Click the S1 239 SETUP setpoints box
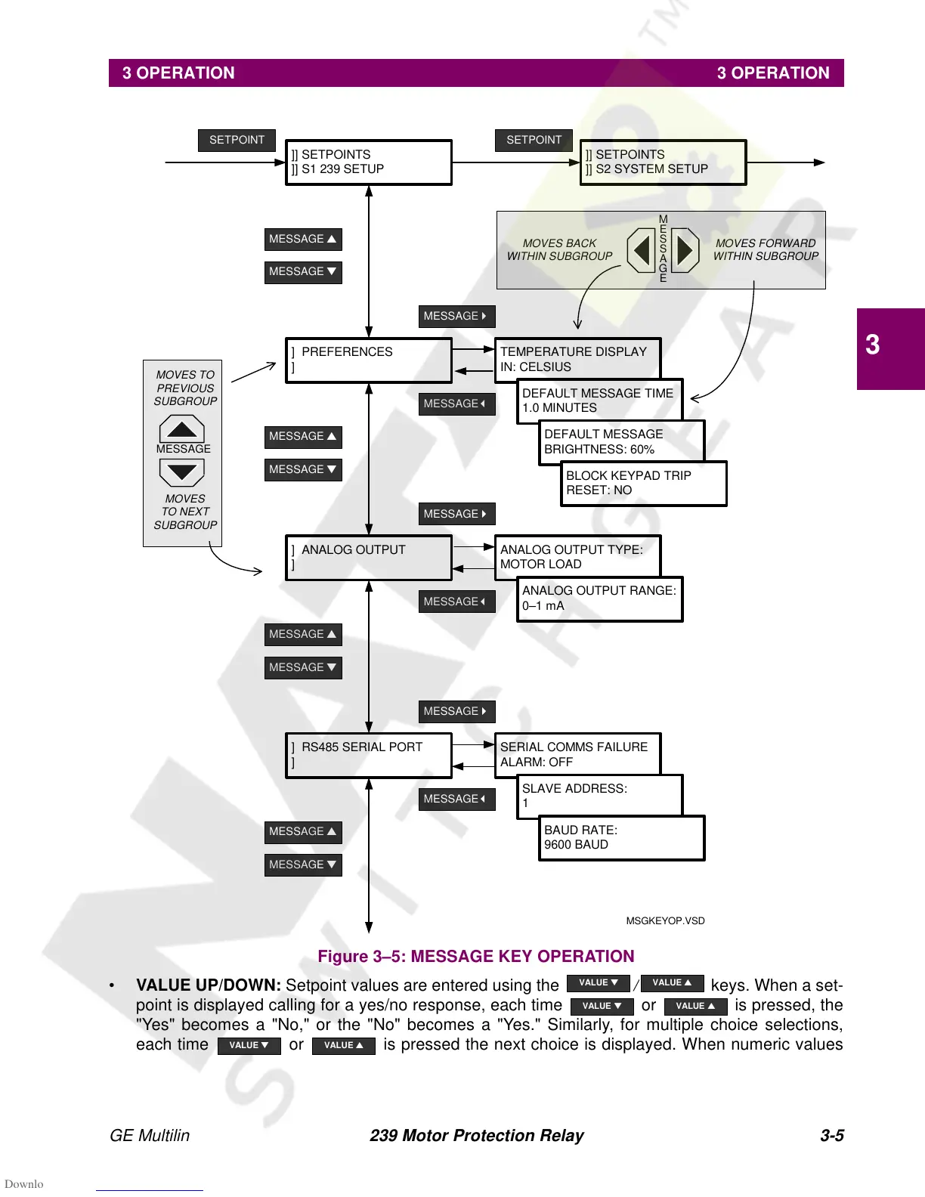point(369,162)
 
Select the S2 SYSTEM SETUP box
point(663,162)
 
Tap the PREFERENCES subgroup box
point(369,360)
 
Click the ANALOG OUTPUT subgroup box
point(369,558)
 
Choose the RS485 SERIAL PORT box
point(369,755)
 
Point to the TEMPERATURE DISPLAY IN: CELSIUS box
point(577,359)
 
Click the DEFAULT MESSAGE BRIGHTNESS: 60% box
point(621,441)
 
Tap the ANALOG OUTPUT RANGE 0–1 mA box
point(599,598)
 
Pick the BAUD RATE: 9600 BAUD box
point(621,837)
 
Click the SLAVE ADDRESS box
point(599,796)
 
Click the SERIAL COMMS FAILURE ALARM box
point(577,754)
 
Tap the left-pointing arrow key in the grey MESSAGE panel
point(642,250)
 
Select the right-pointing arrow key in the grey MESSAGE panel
point(685,250)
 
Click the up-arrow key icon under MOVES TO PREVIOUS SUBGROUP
point(181,429)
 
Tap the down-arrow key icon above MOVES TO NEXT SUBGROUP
point(181,473)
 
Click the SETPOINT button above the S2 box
point(534,140)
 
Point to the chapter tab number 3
point(873,345)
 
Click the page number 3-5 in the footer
point(831,1135)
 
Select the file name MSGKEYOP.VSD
point(665,920)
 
